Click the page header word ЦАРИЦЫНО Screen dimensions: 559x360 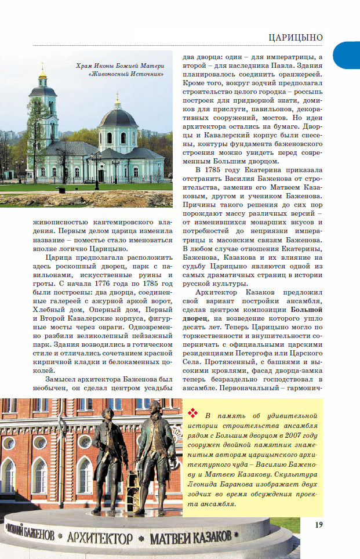[x=296, y=38]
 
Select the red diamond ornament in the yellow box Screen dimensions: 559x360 [x=193, y=412]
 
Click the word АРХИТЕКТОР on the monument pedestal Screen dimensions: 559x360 [x=99, y=538]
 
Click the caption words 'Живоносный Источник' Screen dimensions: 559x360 [x=127, y=75]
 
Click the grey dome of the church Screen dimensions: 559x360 [x=118, y=118]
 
